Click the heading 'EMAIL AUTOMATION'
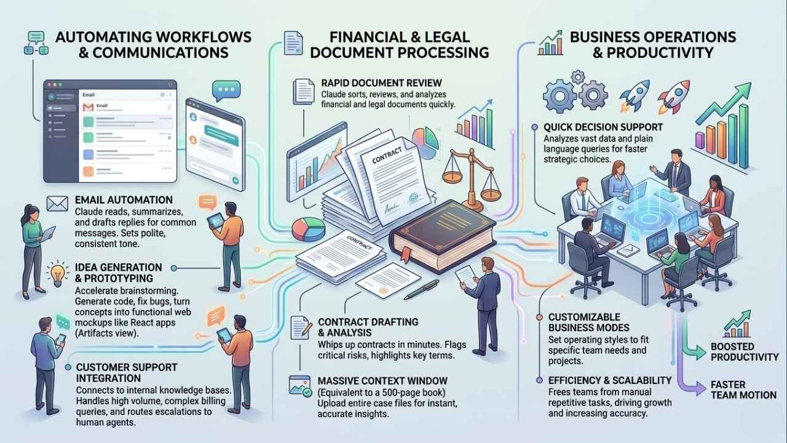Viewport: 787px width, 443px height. pyautogui.click(x=123, y=200)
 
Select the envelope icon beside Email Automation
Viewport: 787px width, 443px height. pyautogui.click(x=57, y=202)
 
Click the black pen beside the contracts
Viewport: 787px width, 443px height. pyautogui.click(x=421, y=289)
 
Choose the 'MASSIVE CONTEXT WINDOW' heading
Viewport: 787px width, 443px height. pyautogui.click(x=382, y=381)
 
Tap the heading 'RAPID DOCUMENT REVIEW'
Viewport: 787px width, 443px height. pyautogui.click(x=382, y=83)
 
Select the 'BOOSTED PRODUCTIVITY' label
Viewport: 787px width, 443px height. pyautogui.click(x=745, y=351)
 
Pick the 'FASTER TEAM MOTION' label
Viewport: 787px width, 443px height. pyautogui.click(x=743, y=389)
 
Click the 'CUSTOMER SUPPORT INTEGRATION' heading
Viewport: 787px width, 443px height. pyautogui.click(x=127, y=372)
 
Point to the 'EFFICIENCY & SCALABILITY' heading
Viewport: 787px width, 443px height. pyautogui.click(x=609, y=380)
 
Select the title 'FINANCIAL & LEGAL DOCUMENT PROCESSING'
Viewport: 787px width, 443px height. pyautogui.click(x=400, y=44)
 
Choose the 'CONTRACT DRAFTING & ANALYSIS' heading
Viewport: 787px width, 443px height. pyautogui.click(x=368, y=327)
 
